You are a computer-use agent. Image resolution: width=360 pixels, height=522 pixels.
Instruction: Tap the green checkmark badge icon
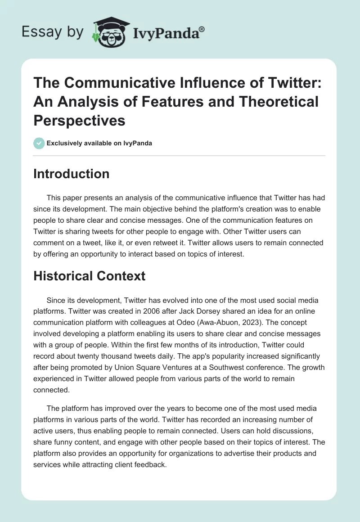(39, 143)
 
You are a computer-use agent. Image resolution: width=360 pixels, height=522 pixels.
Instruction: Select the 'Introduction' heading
(71, 174)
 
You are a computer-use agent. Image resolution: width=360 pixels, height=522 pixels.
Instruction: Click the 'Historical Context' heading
(89, 275)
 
